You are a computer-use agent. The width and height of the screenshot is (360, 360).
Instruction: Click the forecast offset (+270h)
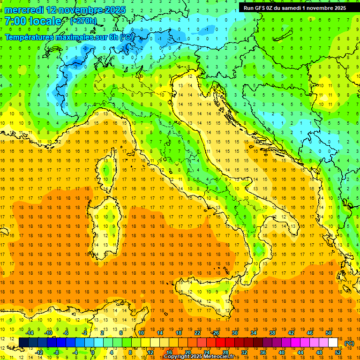coord(83,21)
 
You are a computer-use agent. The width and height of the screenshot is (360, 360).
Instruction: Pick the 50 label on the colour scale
coord(328,332)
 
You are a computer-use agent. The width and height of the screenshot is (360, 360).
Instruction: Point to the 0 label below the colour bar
coord(93,352)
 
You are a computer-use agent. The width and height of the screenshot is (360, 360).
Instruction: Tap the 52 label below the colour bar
coord(338,352)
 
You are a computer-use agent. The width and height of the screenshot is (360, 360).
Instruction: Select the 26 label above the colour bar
coord(215,332)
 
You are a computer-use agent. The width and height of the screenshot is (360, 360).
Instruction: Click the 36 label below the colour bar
coord(262,352)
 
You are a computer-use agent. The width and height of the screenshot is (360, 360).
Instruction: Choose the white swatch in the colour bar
coord(333,343)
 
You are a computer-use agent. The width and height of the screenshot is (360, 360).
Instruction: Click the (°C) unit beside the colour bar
coord(349,343)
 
